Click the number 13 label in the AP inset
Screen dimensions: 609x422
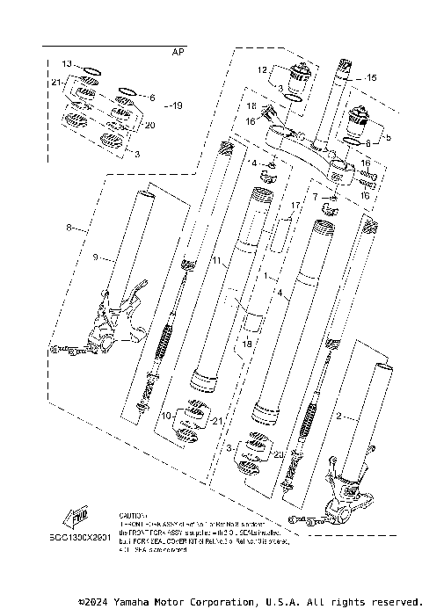[x=67, y=64]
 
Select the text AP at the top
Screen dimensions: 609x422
[x=178, y=53]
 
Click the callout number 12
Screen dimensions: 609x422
[x=262, y=69]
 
